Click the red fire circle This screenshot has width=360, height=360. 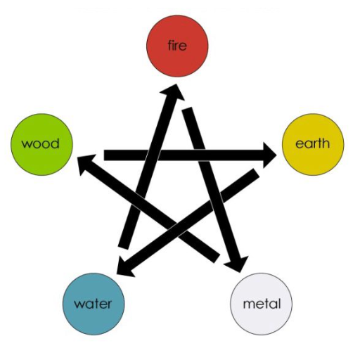pos(177,46)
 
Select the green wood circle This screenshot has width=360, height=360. pos(41,144)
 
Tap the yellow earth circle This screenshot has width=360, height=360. pos(313,144)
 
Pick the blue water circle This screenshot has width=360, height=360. pos(94,304)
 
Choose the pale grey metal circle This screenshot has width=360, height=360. pos(261,304)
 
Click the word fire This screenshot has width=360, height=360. pos(177,45)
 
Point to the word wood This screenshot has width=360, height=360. pos(40,143)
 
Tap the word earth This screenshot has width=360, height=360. pos(312,143)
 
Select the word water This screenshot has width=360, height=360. pos(93,304)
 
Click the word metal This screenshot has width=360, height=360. pos(262,304)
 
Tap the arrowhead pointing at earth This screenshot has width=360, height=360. pos(269,155)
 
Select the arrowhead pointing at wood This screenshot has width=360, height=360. pos(86,163)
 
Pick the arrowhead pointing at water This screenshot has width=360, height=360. pos(124,267)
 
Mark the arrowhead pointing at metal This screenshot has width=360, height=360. pos(238,264)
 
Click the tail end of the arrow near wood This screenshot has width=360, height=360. pos(104,155)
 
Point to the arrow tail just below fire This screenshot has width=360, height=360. pos(188,109)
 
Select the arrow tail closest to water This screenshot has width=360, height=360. pos(123,247)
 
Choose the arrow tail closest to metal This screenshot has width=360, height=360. pos(217,258)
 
